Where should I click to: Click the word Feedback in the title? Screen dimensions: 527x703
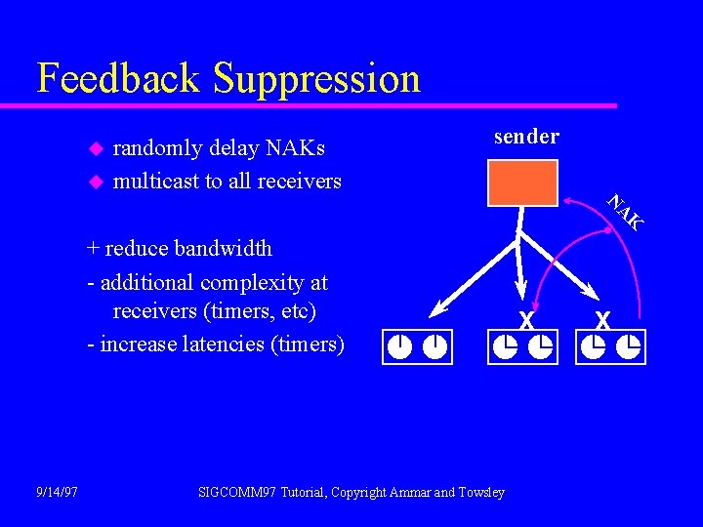118,78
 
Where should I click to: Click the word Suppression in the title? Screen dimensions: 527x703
316,78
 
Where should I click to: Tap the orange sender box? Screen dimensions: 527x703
522,183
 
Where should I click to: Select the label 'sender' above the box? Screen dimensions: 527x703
526,137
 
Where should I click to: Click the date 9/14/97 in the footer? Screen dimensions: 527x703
57,492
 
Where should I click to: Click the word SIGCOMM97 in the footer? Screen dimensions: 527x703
236,492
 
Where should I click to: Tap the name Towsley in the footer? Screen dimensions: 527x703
481,492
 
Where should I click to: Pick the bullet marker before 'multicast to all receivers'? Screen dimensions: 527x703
95,182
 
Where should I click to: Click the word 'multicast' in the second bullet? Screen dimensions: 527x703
156,181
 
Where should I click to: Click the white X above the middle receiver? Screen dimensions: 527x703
526,319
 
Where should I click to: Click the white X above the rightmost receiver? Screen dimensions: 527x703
602,319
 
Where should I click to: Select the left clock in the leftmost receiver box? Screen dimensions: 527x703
399,345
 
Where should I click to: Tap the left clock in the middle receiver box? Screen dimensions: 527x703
505,345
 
